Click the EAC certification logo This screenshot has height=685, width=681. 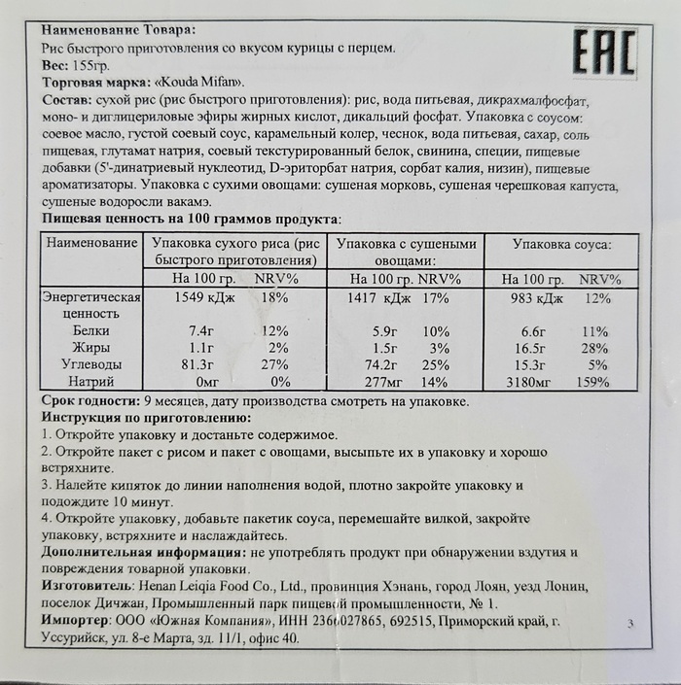602,52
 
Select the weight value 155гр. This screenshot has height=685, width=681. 92,64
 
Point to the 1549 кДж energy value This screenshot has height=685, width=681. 199,298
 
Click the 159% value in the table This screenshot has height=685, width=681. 592,382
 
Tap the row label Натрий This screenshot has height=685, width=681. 83,382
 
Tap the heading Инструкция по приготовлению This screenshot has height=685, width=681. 147,418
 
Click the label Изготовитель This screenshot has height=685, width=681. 85,587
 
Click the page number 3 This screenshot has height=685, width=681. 631,624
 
